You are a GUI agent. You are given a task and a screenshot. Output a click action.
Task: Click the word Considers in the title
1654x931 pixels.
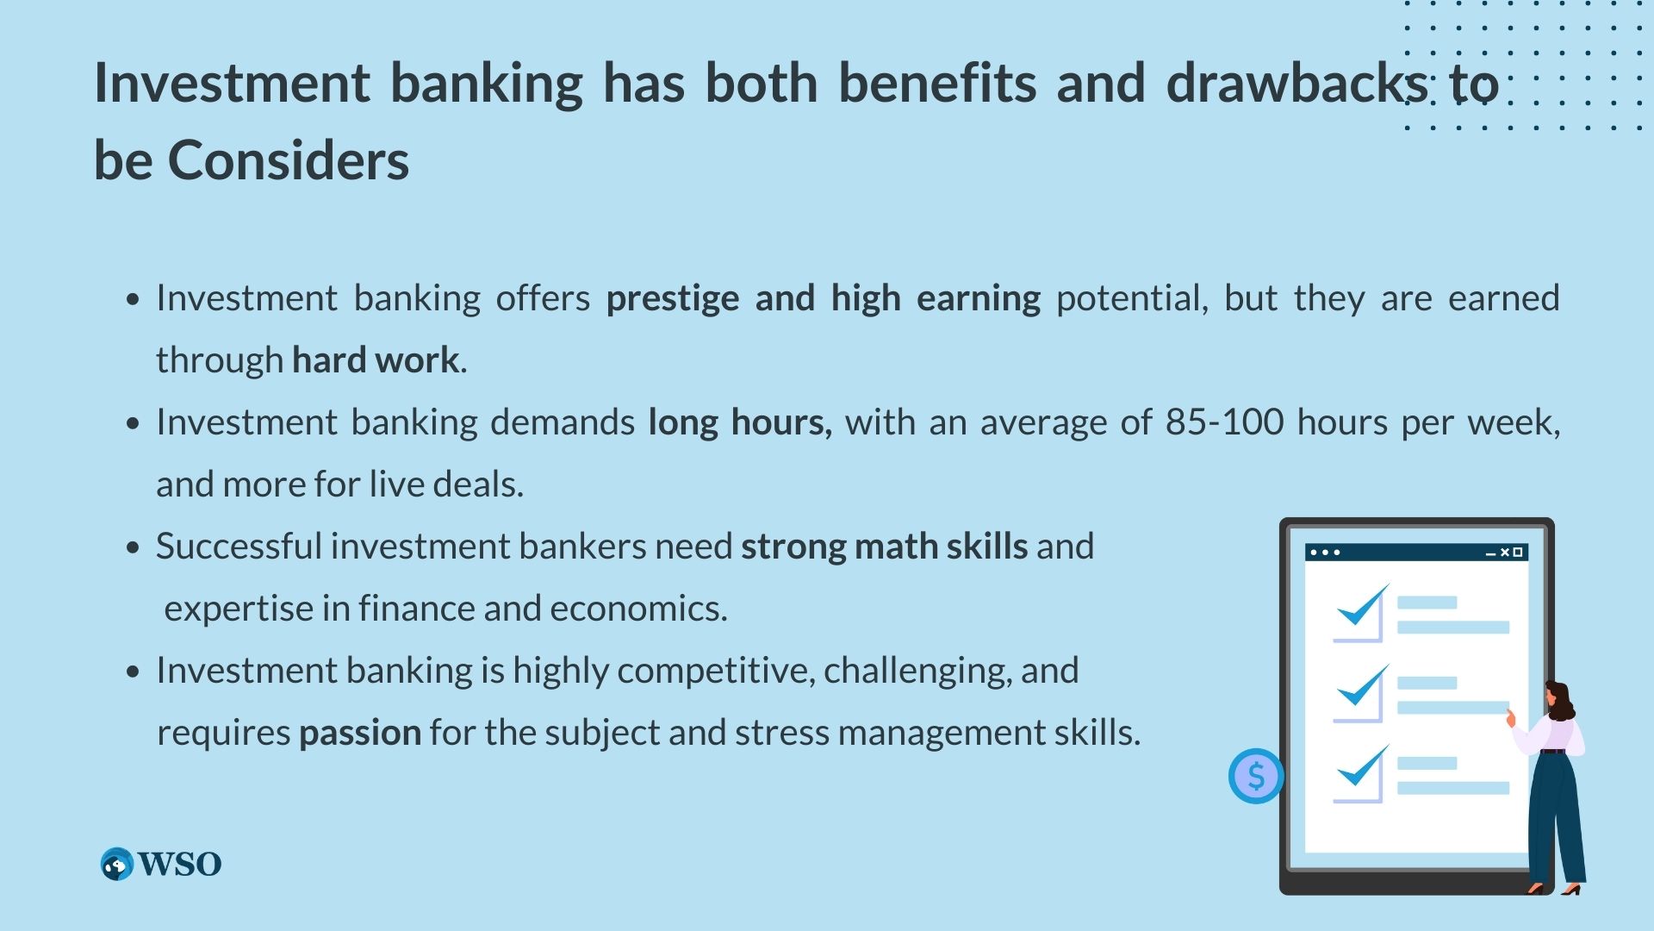pyautogui.click(x=289, y=160)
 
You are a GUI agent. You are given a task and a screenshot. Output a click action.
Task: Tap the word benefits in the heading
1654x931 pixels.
pyautogui.click(x=936, y=83)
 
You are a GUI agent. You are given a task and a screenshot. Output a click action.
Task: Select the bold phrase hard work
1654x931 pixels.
pyautogui.click(x=376, y=360)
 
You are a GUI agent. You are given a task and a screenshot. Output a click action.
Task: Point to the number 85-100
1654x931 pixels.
pyautogui.click(x=1224, y=422)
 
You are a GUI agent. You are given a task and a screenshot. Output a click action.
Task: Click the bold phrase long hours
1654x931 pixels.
pyautogui.click(x=740, y=422)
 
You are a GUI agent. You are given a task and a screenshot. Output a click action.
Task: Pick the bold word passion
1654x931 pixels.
pyautogui.click(x=360, y=734)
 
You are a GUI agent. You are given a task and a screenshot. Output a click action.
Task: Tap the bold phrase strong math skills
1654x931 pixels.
pyautogui.click(x=885, y=547)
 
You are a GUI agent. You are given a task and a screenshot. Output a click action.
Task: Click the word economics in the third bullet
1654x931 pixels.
pyautogui.click(x=638, y=609)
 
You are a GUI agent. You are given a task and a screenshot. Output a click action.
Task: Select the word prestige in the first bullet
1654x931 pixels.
pyautogui.click(x=673, y=299)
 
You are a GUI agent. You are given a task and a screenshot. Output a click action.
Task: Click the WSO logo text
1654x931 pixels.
pyautogui.click(x=179, y=864)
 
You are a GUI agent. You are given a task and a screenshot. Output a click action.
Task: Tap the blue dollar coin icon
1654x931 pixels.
pyautogui.click(x=1256, y=776)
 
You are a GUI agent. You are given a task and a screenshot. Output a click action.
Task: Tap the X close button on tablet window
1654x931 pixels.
pyautogui.click(x=1505, y=553)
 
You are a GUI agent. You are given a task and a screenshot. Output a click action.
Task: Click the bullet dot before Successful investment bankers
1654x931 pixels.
pyautogui.click(x=132, y=547)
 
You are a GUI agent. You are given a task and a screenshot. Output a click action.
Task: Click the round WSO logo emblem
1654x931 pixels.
pyautogui.click(x=117, y=864)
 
